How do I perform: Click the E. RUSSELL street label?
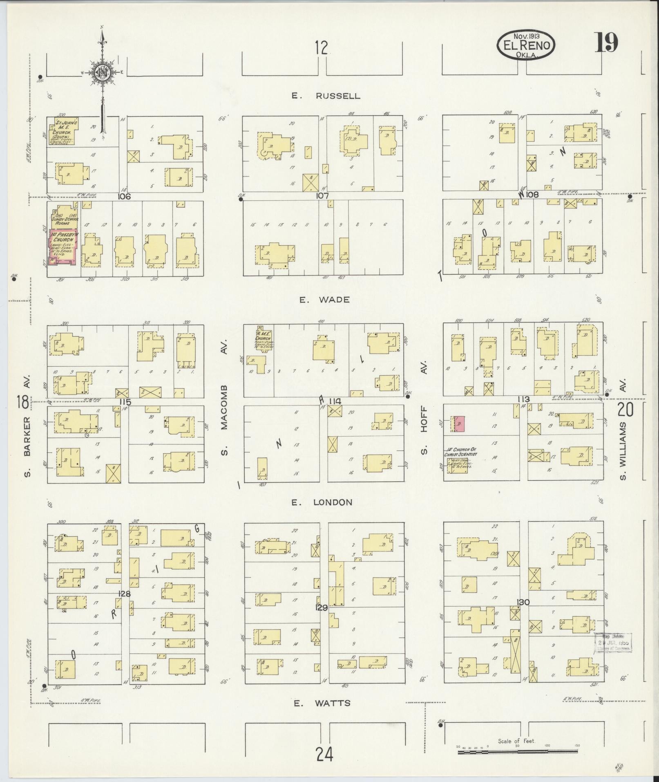[326, 96]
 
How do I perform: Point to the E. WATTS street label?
[322, 703]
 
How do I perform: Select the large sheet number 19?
[605, 43]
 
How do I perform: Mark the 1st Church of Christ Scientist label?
[460, 453]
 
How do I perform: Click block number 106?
[124, 197]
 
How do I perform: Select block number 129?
[322, 608]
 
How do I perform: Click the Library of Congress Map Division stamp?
[613, 654]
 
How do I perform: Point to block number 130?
[523, 602]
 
